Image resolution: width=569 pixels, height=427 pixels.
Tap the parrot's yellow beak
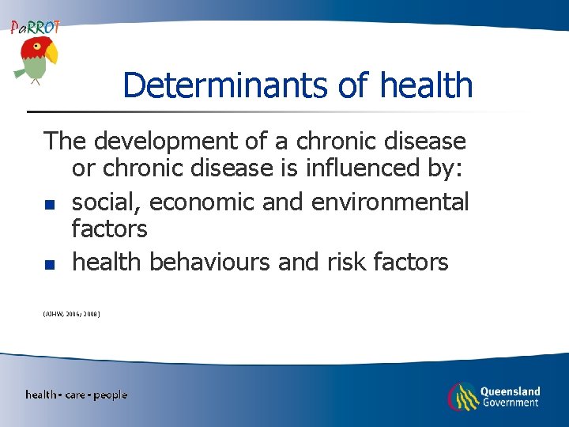pos(51,55)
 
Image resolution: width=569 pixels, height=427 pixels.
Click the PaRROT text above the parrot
pos(35,28)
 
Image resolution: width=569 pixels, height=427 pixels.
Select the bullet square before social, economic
pos(49,205)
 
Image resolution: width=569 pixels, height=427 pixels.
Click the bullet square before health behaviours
pos(49,265)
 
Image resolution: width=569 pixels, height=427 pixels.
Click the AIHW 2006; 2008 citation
pos(71,314)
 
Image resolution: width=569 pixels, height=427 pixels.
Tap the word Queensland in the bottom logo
pos(511,391)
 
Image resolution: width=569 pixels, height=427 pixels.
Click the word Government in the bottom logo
pos(511,402)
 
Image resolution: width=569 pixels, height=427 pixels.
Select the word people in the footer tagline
pos(110,395)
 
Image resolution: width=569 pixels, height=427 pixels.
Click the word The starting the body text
pos(66,142)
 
